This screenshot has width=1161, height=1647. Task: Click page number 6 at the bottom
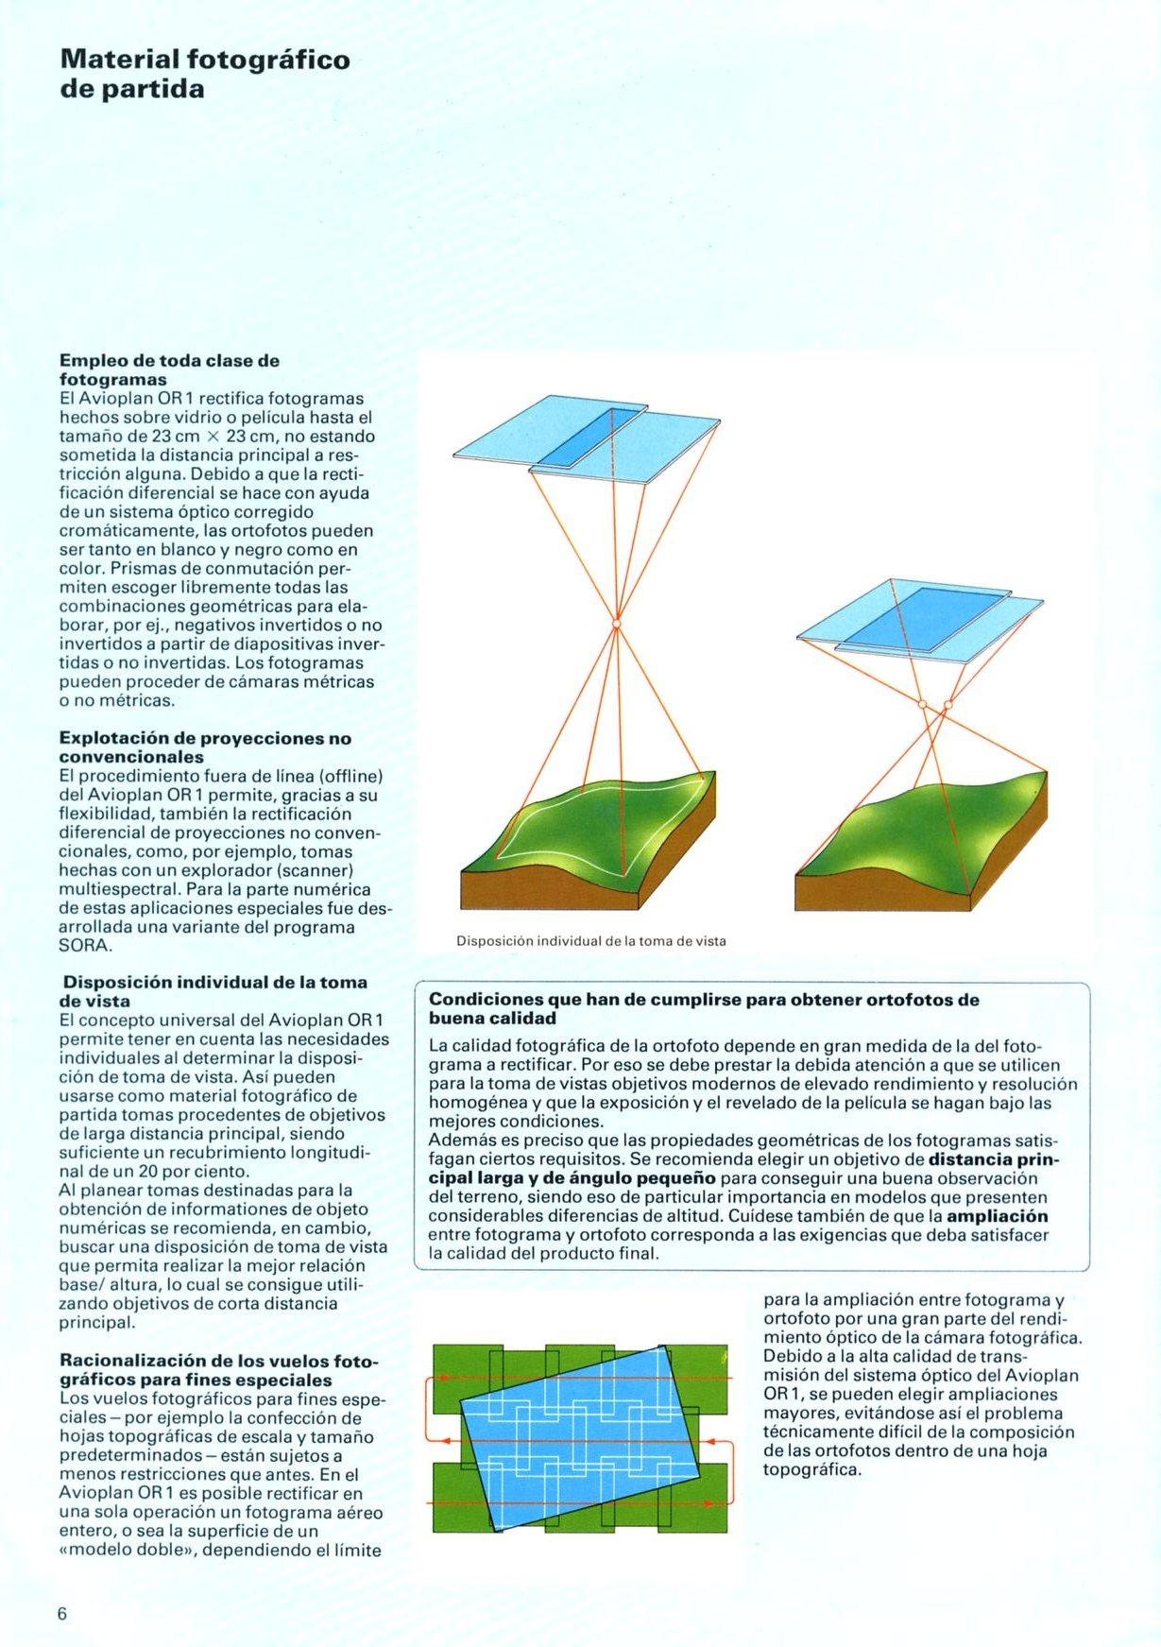(x=62, y=1613)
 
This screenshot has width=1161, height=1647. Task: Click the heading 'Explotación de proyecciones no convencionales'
(x=205, y=747)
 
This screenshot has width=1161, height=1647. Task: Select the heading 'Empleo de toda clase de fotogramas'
(x=169, y=369)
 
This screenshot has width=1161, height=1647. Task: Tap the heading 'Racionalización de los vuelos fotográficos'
(x=218, y=1370)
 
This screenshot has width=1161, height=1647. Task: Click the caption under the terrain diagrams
(x=590, y=941)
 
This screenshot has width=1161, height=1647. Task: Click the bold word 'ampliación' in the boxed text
(x=998, y=1216)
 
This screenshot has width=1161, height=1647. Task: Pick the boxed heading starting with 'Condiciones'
(x=704, y=1008)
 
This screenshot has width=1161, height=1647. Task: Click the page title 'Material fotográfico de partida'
(x=204, y=74)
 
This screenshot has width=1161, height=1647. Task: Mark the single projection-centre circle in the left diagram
(x=616, y=624)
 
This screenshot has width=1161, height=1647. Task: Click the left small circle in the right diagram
(x=922, y=704)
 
